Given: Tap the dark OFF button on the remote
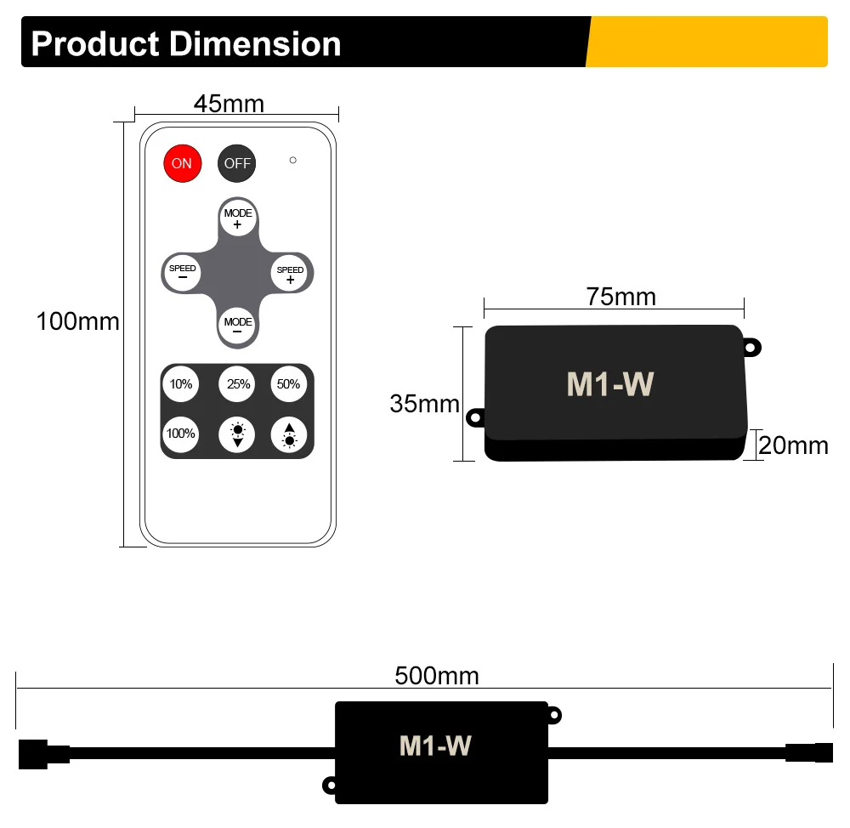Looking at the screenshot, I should coord(237,163).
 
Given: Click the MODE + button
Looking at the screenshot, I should coord(237,218).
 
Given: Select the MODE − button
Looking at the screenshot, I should coord(237,326).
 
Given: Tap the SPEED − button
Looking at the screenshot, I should coord(182,272).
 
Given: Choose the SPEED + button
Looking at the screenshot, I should coord(291,274).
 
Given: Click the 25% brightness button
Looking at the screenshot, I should coord(238,384).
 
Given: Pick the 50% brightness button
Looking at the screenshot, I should coord(288,384).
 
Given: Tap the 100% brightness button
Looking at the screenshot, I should coord(180,434).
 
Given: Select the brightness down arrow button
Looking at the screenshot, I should coord(238,434).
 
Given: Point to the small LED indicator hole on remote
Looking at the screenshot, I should coord(292,160).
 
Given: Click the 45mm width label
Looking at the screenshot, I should coord(229,104).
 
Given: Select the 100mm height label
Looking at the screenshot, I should coord(77,322).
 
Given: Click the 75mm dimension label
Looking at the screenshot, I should coord(620,297).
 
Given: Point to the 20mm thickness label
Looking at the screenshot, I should coord(793,445).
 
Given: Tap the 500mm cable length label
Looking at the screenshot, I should coord(436,676).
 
